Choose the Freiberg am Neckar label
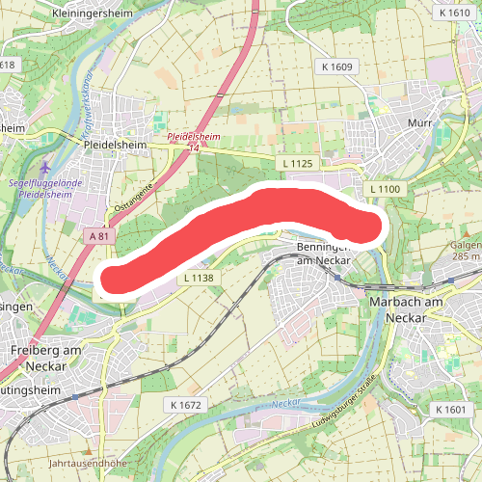click(39, 358)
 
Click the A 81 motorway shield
click(98, 236)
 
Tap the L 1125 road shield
click(300, 164)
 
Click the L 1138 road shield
click(197, 278)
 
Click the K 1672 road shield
click(183, 404)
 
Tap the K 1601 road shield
click(449, 411)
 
